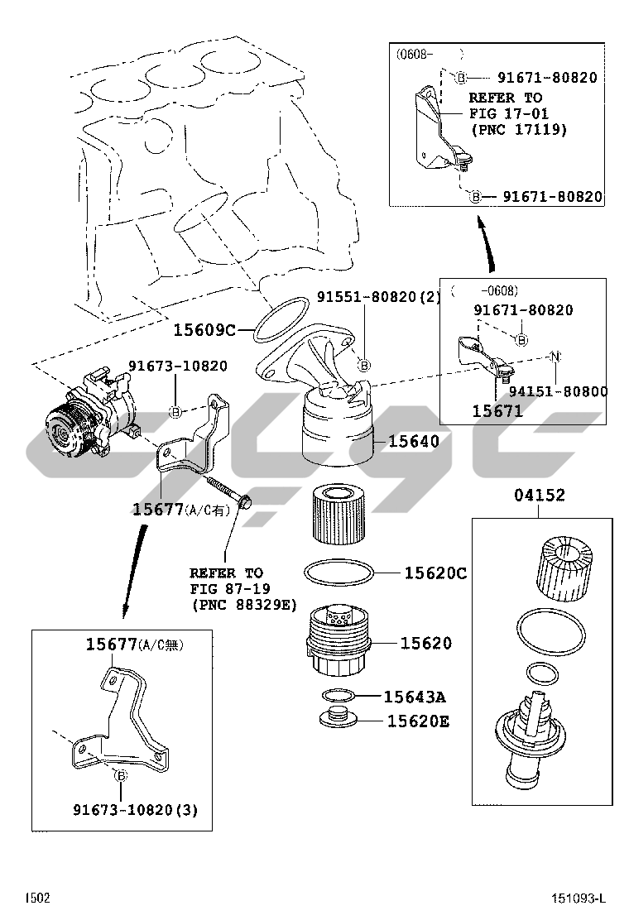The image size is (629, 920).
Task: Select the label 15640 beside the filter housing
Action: pos(414,442)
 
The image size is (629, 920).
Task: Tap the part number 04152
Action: pos(539,496)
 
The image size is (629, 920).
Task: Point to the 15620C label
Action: pos(435,573)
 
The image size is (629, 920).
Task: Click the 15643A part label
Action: pos(415,697)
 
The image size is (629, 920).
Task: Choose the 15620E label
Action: pos(418,721)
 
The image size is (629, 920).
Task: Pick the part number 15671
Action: pos(497,410)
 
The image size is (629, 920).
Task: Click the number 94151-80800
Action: pos(558,391)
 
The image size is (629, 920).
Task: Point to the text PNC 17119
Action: pos(519,129)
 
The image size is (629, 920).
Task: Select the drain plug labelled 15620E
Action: pos(337,717)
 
